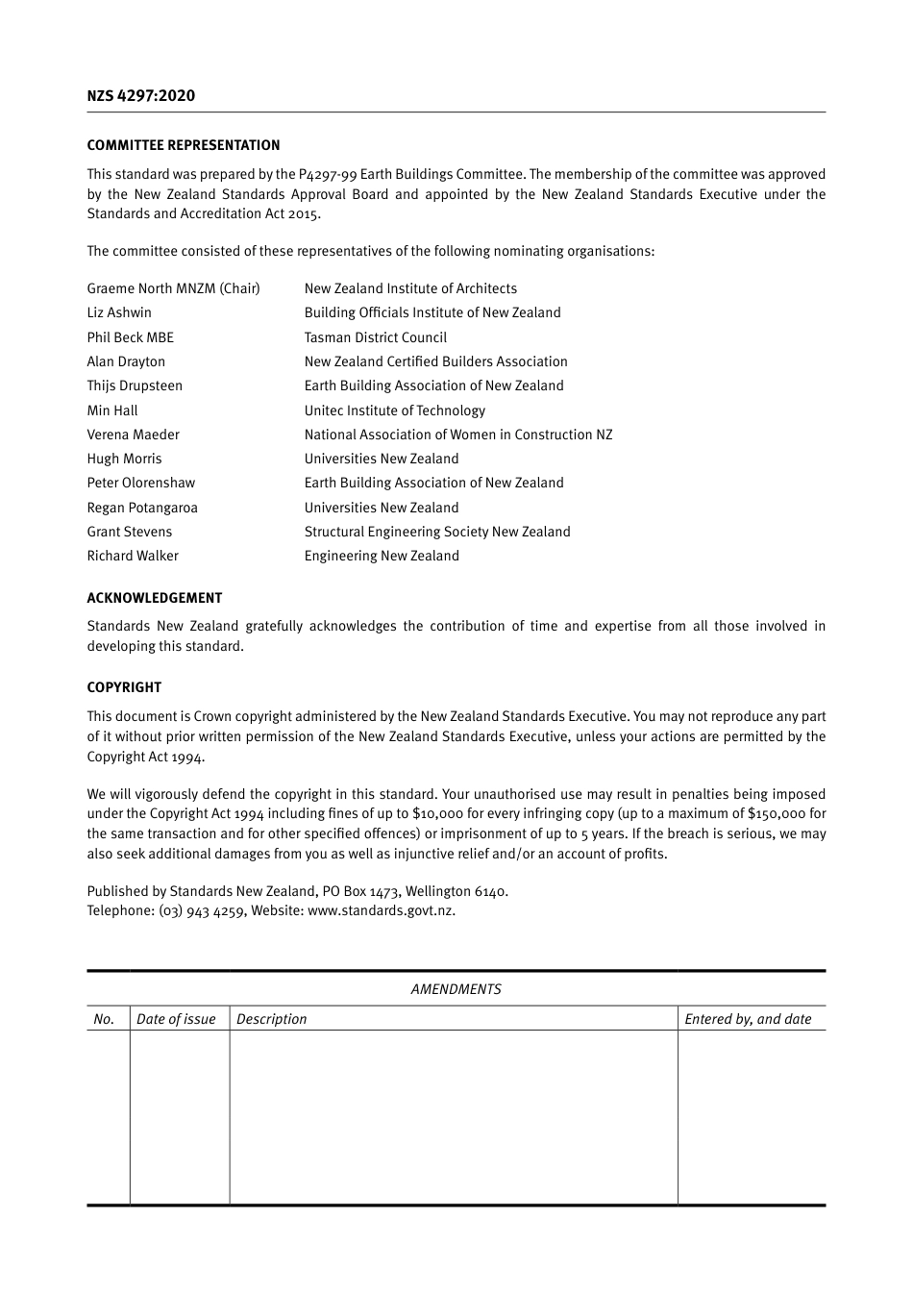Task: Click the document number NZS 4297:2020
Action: coord(140,95)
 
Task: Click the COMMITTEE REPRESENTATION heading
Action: coord(184,145)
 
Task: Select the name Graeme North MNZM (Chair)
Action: coord(173,288)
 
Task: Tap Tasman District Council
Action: coord(375,337)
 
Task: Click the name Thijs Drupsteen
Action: coord(135,385)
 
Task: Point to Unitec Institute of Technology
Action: coord(394,410)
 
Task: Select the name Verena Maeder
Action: coord(133,435)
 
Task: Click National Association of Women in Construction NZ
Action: coord(457,435)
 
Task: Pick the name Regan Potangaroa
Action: coord(142,508)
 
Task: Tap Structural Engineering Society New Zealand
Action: coord(437,532)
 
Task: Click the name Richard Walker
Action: coord(133,556)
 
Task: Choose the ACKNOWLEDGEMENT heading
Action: coord(155,598)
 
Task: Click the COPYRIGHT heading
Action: coord(124,687)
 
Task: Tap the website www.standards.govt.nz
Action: coord(381,910)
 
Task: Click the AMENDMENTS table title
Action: coord(456,989)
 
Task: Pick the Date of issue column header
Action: coord(176,1019)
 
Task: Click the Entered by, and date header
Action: coord(748,1019)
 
